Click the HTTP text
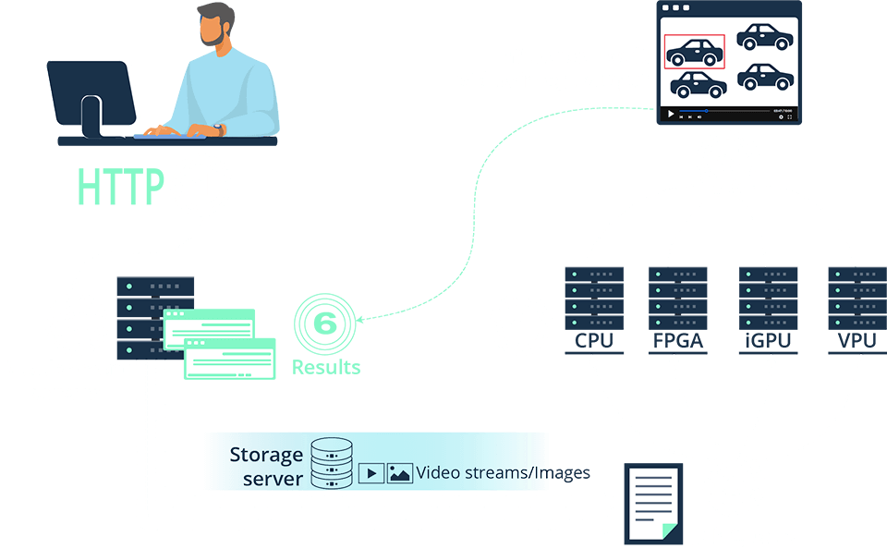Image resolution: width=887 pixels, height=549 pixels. pos(121,187)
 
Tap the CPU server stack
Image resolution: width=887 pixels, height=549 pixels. pos(594,300)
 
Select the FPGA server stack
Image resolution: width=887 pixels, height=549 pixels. pos(678,300)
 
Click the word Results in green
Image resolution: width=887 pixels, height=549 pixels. pos(326,367)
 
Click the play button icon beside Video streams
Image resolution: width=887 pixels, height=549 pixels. pos(371,473)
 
